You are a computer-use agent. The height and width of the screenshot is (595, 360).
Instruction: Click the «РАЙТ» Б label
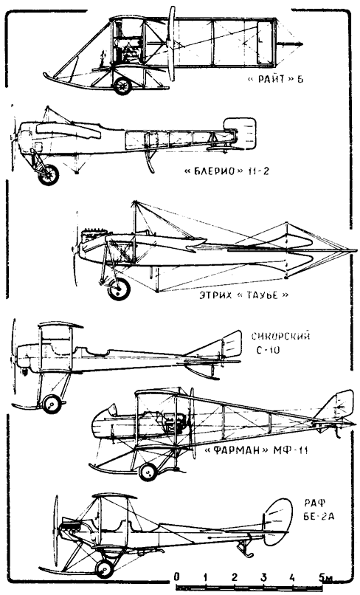click(x=275, y=80)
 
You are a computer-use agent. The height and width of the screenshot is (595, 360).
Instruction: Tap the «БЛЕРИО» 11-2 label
click(x=226, y=171)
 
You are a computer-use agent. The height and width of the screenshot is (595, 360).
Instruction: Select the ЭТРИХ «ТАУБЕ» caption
click(x=244, y=295)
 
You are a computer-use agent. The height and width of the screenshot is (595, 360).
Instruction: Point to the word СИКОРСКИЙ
click(x=281, y=336)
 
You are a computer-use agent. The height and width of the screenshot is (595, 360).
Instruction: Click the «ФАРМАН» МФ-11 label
click(x=256, y=450)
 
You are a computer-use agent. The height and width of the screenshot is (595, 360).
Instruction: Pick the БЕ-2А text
click(x=319, y=517)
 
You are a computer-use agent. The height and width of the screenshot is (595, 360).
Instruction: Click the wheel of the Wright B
click(x=122, y=86)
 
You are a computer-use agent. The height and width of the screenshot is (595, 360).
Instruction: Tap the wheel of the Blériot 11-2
click(x=49, y=174)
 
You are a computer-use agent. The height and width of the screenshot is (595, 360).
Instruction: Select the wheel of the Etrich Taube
click(x=119, y=289)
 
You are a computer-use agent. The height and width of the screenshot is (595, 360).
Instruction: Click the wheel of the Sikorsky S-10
click(x=52, y=404)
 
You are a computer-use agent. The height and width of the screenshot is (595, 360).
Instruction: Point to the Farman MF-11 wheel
click(x=148, y=472)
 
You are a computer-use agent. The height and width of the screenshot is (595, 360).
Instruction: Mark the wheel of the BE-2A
click(x=104, y=569)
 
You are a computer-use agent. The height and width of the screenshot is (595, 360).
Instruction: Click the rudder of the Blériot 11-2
click(x=240, y=132)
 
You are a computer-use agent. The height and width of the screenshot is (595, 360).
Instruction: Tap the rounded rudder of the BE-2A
click(x=278, y=522)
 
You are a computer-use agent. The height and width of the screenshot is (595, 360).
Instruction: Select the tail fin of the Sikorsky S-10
click(x=232, y=345)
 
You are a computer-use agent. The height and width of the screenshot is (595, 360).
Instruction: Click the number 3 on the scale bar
click(x=263, y=577)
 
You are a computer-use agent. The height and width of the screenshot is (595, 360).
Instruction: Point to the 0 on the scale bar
click(x=177, y=577)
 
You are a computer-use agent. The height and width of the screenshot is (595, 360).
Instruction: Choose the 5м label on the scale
click(x=326, y=577)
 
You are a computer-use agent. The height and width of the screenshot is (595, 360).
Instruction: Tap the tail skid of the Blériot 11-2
click(x=150, y=160)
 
